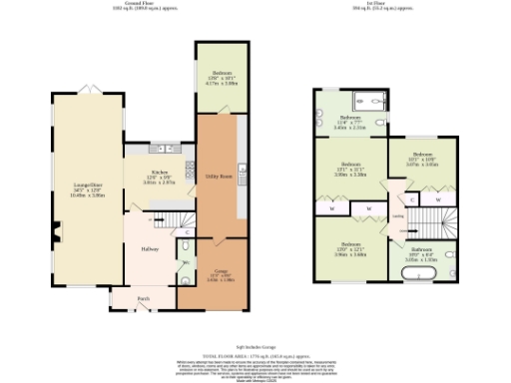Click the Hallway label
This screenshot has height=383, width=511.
[150, 248]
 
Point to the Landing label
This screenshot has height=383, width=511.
[397, 215]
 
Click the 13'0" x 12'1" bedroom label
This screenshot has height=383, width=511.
[350, 249]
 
